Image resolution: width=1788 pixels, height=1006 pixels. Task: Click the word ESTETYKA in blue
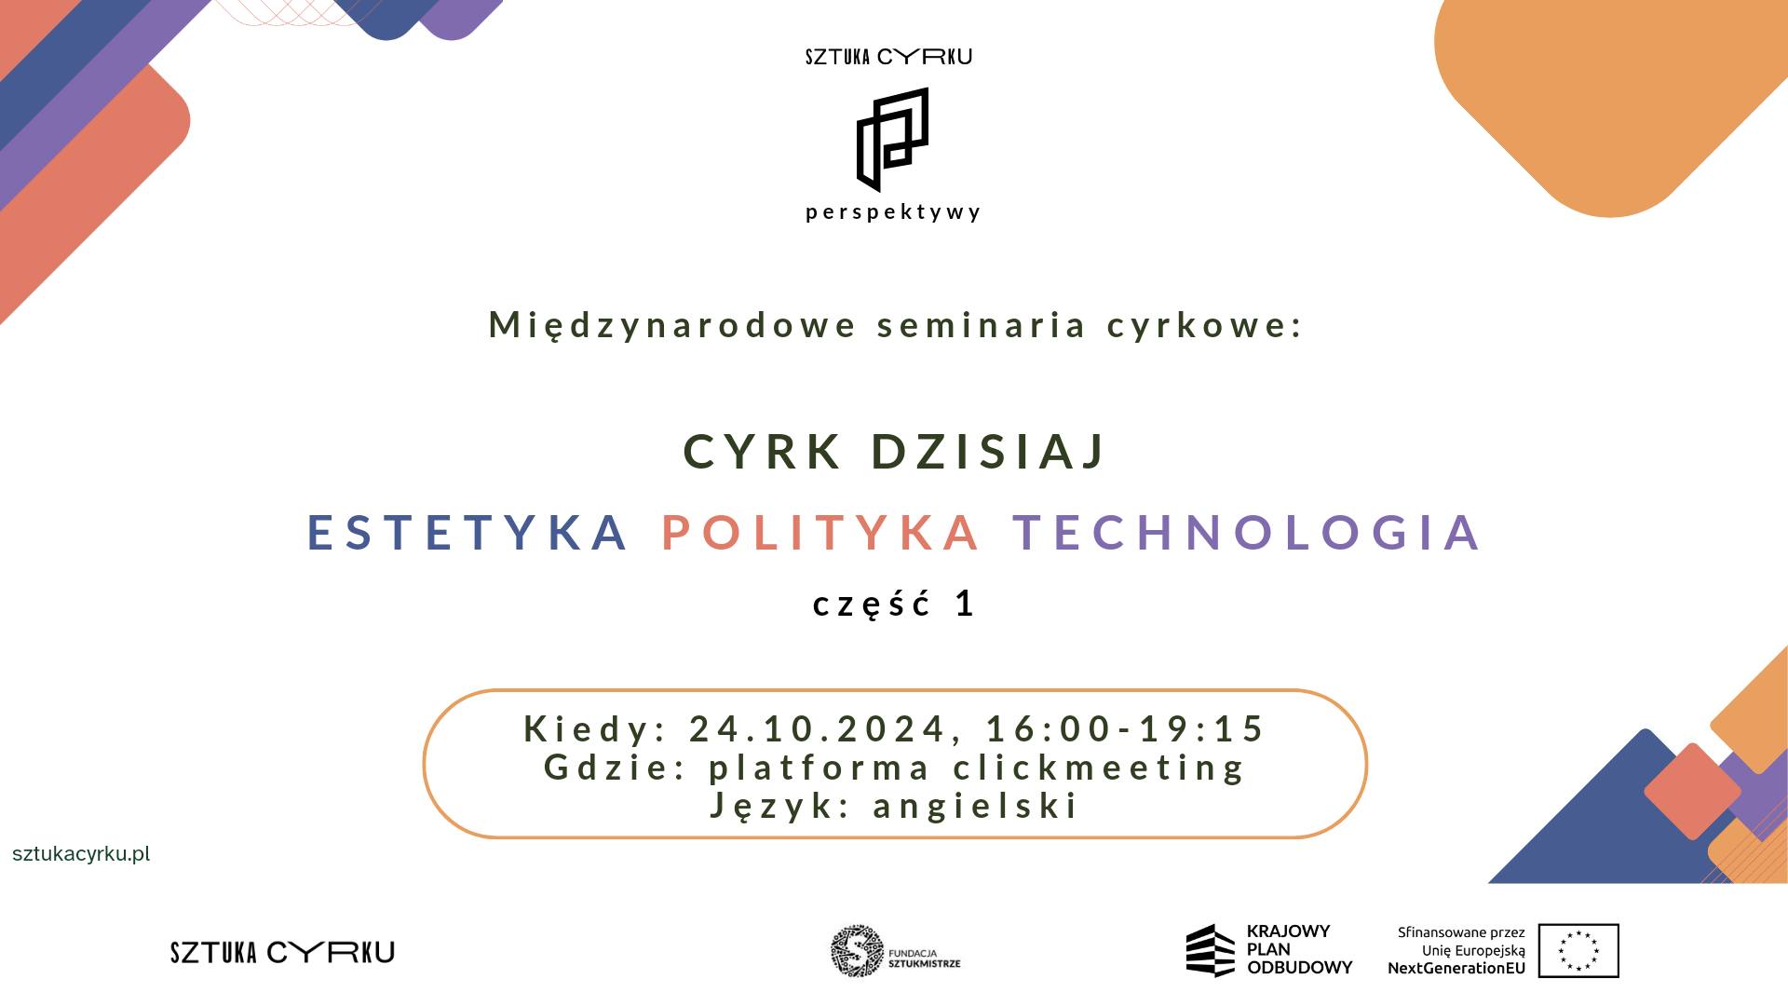(467, 532)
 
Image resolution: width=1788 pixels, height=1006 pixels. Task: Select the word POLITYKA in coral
(820, 532)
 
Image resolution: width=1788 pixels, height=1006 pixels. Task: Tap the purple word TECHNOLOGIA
(1247, 532)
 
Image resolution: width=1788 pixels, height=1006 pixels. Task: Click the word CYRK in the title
(763, 452)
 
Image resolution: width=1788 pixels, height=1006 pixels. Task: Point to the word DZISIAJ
(989, 452)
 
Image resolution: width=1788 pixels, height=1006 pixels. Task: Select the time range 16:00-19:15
(1126, 728)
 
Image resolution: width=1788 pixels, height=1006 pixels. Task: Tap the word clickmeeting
(1099, 768)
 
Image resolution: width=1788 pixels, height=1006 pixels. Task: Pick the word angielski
(975, 806)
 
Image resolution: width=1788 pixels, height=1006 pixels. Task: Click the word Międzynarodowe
(672, 325)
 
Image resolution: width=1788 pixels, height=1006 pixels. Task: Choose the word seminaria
(982, 325)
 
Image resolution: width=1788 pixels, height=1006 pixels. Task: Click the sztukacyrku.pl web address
(81, 854)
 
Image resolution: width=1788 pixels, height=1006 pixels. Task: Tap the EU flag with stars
(1578, 951)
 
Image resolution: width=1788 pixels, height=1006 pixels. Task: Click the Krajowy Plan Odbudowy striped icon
(1210, 950)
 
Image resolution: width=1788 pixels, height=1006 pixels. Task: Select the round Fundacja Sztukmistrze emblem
(857, 951)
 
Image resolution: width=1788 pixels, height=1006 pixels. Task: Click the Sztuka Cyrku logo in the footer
(282, 952)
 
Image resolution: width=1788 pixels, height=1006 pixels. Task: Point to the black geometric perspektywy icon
(892, 140)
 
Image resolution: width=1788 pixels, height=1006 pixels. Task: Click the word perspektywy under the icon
(893, 212)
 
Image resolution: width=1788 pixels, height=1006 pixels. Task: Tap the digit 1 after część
(965, 604)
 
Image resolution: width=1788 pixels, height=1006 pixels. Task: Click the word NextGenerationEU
(1456, 968)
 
